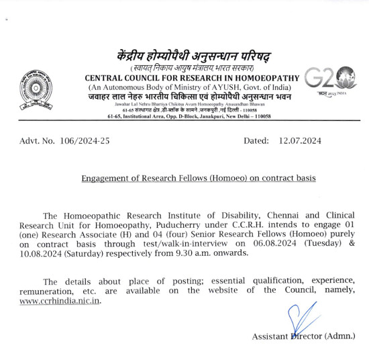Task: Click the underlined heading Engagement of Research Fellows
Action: pos(198,179)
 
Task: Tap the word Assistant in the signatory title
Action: pos(270,336)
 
